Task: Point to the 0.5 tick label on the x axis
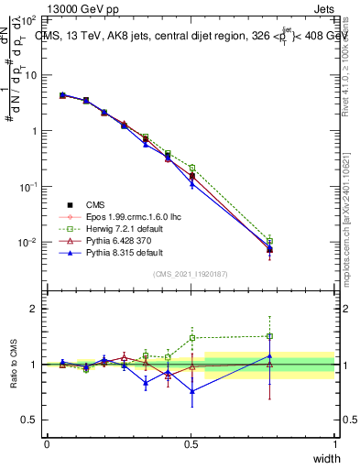pos(191,444)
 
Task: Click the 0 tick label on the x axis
pos(47,444)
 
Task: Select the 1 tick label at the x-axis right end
pos(334,444)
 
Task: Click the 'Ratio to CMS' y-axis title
pos(14,365)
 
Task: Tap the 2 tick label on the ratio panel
pos(36,309)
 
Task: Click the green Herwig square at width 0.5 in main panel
pos(191,168)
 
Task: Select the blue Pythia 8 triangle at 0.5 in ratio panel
pos(191,391)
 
